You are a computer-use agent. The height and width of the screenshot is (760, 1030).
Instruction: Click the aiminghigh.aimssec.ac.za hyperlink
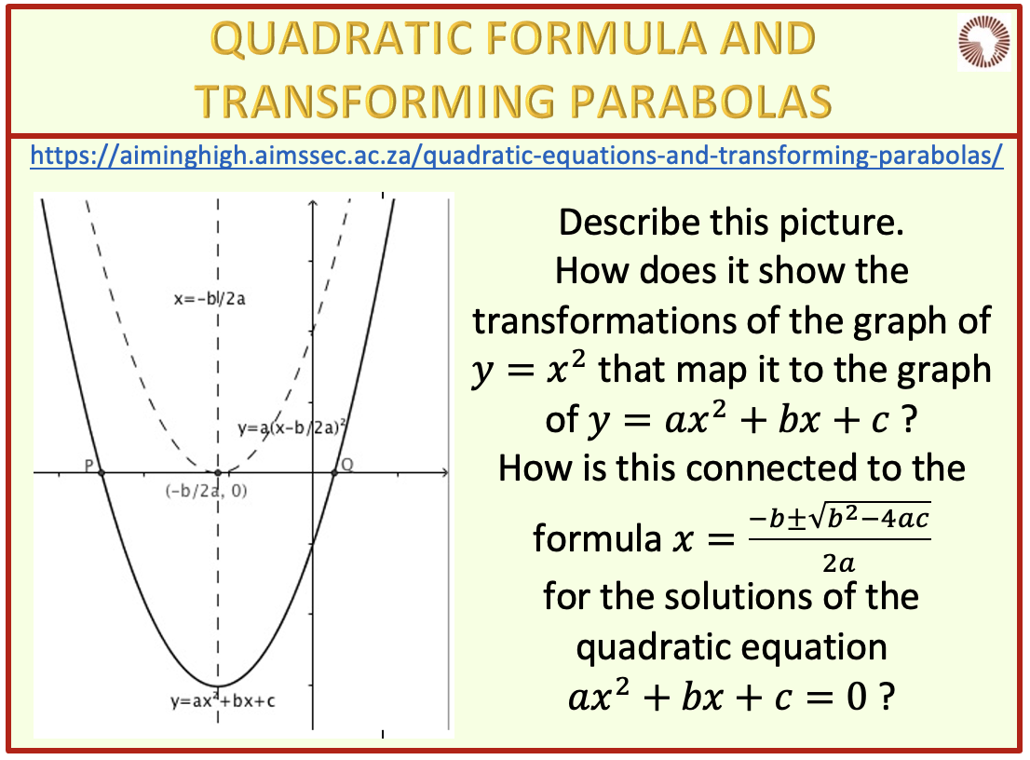point(517,156)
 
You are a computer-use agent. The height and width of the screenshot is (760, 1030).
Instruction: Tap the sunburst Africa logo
point(983,42)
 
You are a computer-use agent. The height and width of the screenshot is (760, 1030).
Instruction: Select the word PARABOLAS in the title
point(700,102)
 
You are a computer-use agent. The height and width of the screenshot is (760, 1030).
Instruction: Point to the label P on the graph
point(89,465)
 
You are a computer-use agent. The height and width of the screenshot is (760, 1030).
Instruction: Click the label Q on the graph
point(346,465)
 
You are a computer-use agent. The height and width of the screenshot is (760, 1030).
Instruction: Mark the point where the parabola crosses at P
point(102,472)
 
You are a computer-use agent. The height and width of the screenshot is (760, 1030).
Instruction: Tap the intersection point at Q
point(333,472)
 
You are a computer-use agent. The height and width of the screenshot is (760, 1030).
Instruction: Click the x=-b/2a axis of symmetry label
point(210,299)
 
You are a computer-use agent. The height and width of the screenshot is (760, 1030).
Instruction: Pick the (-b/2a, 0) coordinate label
point(206,491)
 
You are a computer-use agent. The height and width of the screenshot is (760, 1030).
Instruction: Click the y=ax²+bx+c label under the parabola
point(223,701)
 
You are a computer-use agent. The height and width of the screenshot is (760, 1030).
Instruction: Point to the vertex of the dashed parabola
point(218,472)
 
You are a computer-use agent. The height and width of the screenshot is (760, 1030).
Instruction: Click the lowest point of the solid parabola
point(218,685)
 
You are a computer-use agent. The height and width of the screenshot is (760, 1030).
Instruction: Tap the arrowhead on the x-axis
point(445,472)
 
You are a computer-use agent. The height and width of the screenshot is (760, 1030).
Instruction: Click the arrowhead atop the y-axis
point(313,204)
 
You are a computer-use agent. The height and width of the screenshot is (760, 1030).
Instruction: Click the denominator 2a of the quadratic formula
point(839,563)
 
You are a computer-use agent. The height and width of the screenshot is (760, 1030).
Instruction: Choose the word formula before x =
point(597,538)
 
